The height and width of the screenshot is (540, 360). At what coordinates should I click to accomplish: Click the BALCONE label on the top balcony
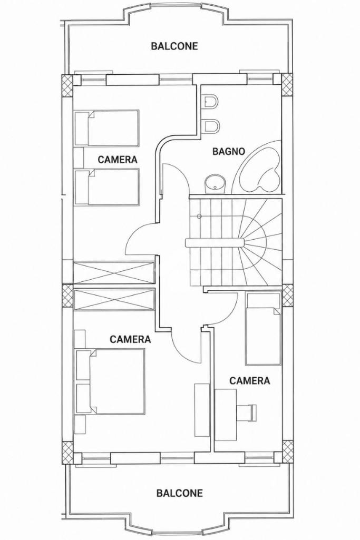click(x=174, y=46)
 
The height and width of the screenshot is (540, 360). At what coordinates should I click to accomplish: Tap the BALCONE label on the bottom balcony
click(x=180, y=493)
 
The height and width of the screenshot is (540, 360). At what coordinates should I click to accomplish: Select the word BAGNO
click(x=228, y=151)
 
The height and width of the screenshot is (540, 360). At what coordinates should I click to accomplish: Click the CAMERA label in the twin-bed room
click(x=118, y=160)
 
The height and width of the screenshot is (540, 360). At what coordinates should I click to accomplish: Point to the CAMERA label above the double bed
click(x=130, y=339)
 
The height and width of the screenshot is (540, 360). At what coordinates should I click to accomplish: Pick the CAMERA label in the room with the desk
click(x=249, y=380)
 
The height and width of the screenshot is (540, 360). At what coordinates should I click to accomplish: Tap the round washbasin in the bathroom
click(x=216, y=183)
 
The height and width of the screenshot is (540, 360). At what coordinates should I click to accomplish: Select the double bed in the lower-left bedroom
click(x=110, y=381)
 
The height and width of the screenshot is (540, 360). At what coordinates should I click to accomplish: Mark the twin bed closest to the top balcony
click(x=107, y=129)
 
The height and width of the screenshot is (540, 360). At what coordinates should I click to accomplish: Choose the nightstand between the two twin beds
click(x=79, y=158)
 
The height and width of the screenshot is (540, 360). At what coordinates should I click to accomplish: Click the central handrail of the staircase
click(x=215, y=242)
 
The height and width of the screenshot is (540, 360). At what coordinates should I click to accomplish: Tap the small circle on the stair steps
click(x=199, y=217)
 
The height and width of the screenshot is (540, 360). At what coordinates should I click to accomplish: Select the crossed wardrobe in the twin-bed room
click(x=114, y=273)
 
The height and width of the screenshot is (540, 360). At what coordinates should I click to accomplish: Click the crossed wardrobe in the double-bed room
click(x=114, y=300)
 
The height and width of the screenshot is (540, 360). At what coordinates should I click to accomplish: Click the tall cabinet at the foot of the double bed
click(x=201, y=410)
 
